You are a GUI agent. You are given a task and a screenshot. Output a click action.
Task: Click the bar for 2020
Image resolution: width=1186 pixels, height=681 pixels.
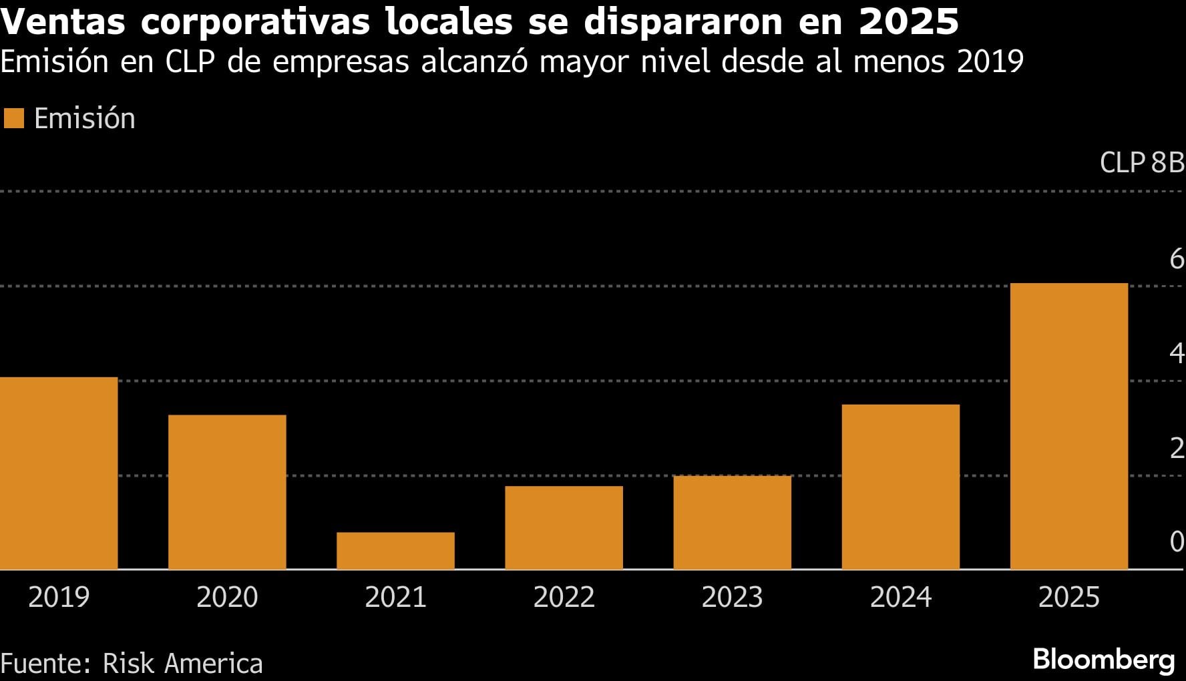click(x=227, y=492)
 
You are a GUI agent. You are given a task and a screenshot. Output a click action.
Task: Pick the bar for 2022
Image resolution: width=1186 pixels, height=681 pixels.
click(x=564, y=527)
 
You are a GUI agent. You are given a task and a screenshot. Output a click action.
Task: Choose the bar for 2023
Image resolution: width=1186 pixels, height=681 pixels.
click(x=732, y=522)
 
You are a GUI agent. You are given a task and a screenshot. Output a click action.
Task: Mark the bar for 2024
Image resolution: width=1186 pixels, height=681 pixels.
click(x=900, y=487)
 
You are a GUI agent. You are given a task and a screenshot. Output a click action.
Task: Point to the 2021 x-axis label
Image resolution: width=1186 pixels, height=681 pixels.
click(x=395, y=597)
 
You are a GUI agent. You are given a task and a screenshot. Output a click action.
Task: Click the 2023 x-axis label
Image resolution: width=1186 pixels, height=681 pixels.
click(x=732, y=597)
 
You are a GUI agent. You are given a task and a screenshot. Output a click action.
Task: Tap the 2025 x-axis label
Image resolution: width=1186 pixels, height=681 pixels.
click(x=1068, y=597)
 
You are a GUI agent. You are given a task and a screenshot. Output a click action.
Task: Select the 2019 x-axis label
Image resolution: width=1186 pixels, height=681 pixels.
click(x=59, y=597)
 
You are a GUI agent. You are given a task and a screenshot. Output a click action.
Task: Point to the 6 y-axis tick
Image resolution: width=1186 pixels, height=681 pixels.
click(x=1177, y=259)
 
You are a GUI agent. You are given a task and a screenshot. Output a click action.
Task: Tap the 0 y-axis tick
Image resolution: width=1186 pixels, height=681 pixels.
click(x=1177, y=541)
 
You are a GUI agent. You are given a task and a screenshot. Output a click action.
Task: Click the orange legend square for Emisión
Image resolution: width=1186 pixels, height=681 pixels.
click(x=14, y=119)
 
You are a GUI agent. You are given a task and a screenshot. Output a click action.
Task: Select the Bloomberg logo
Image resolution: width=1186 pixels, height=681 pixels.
click(x=1103, y=660)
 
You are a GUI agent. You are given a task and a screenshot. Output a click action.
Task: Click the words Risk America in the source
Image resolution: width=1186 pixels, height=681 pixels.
click(x=182, y=664)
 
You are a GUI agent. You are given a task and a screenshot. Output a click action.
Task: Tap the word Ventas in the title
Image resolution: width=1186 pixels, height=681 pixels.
click(x=63, y=21)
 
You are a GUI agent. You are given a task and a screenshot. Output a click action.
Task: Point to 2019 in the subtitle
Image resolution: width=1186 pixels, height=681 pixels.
click(x=990, y=61)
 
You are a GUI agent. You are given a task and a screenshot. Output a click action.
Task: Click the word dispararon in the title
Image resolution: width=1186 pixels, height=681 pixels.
click(x=682, y=21)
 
